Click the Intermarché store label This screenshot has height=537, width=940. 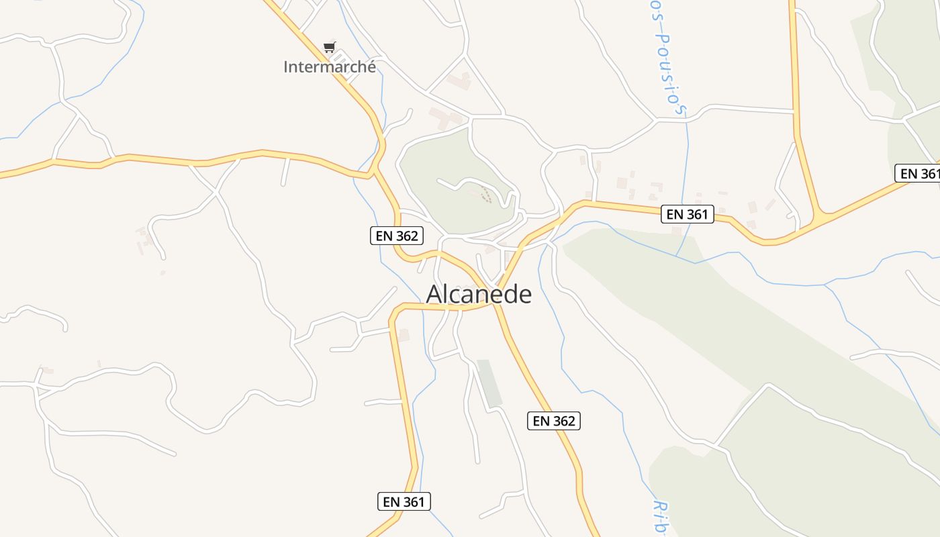(x=329, y=67)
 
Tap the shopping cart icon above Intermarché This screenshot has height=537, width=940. (x=329, y=47)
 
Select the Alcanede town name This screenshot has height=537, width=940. (x=479, y=294)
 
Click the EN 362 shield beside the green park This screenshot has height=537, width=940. (x=396, y=236)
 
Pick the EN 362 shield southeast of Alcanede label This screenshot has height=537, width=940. (x=553, y=421)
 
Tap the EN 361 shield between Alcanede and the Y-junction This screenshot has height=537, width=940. (x=687, y=214)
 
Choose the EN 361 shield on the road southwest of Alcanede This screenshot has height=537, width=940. (x=404, y=501)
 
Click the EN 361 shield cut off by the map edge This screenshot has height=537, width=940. (x=918, y=174)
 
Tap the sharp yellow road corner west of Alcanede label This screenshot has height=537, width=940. (x=396, y=310)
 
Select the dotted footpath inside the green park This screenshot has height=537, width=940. (x=486, y=195)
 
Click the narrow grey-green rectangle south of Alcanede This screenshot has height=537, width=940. (x=489, y=383)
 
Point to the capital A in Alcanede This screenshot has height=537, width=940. (x=434, y=294)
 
